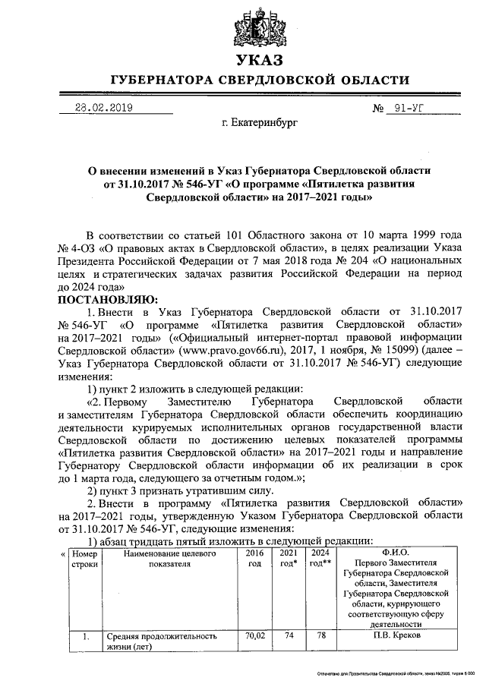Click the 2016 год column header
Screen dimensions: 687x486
[254, 559]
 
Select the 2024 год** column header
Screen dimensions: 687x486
[320, 559]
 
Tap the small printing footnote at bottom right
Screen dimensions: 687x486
[395, 674]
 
